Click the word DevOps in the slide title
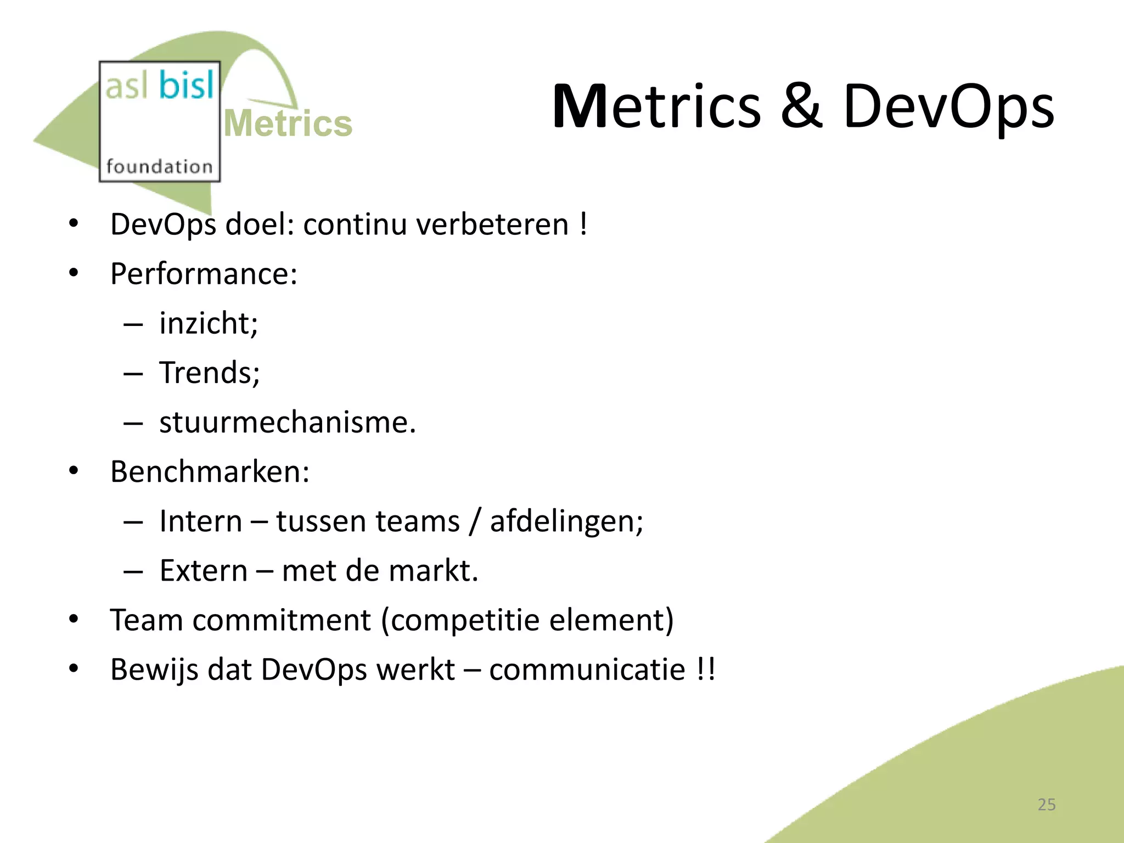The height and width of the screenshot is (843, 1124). (x=948, y=107)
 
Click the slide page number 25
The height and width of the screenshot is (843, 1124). (x=1047, y=805)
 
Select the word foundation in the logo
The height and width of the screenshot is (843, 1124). (x=159, y=166)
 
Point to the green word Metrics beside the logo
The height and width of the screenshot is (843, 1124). (x=288, y=123)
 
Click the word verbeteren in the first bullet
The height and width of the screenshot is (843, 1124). (x=492, y=224)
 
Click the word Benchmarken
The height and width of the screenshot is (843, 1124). (x=209, y=471)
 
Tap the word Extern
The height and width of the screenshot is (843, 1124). (x=204, y=571)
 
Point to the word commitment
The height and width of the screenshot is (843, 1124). (x=282, y=620)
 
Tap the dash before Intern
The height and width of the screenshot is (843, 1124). (x=133, y=522)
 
